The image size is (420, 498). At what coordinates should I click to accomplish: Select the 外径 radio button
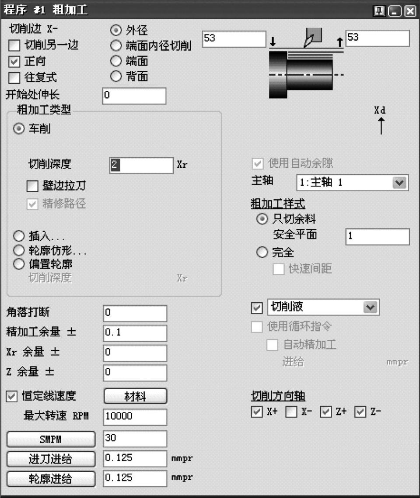click(116, 31)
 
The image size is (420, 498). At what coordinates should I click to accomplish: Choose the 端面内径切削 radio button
click(116, 45)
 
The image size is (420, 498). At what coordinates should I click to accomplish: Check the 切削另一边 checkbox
click(15, 45)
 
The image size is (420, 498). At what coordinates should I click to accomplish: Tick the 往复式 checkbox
click(15, 78)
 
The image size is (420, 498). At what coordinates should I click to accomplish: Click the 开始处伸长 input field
click(134, 96)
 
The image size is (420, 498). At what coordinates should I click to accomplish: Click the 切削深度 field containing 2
click(141, 165)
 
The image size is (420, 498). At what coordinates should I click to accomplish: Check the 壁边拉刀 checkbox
click(33, 187)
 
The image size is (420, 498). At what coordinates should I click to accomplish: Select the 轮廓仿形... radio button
click(19, 251)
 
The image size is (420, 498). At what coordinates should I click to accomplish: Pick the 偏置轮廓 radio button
click(19, 264)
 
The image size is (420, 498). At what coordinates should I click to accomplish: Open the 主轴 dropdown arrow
click(399, 183)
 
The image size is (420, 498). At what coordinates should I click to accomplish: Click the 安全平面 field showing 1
click(378, 236)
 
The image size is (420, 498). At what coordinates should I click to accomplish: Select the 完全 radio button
click(262, 252)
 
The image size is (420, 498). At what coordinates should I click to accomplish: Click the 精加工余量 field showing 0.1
click(135, 333)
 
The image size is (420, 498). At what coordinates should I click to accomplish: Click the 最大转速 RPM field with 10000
click(135, 417)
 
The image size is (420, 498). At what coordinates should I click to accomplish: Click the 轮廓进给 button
click(51, 479)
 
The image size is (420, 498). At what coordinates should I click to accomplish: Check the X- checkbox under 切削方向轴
click(291, 412)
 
